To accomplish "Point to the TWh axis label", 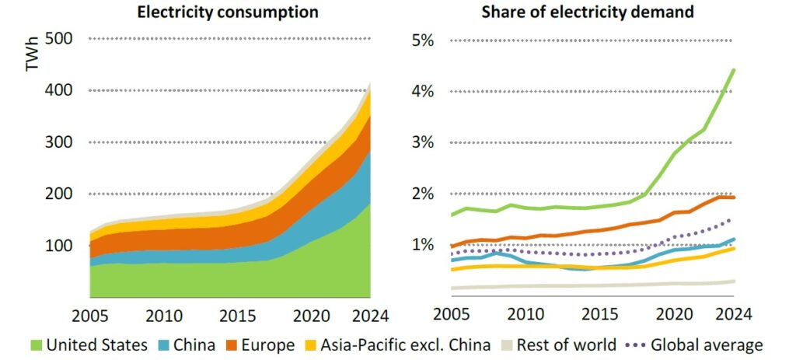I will [32, 59].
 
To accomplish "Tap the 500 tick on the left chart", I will [61, 39].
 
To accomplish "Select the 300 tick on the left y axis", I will [61, 142].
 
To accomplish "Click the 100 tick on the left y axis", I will [61, 246].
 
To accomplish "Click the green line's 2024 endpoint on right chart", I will [733, 70].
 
